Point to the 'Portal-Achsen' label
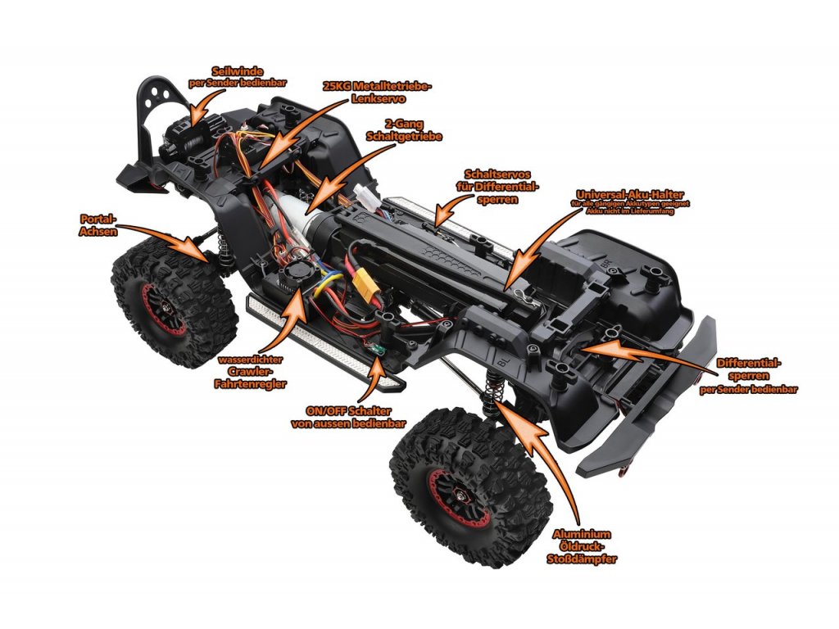tap(99, 225)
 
